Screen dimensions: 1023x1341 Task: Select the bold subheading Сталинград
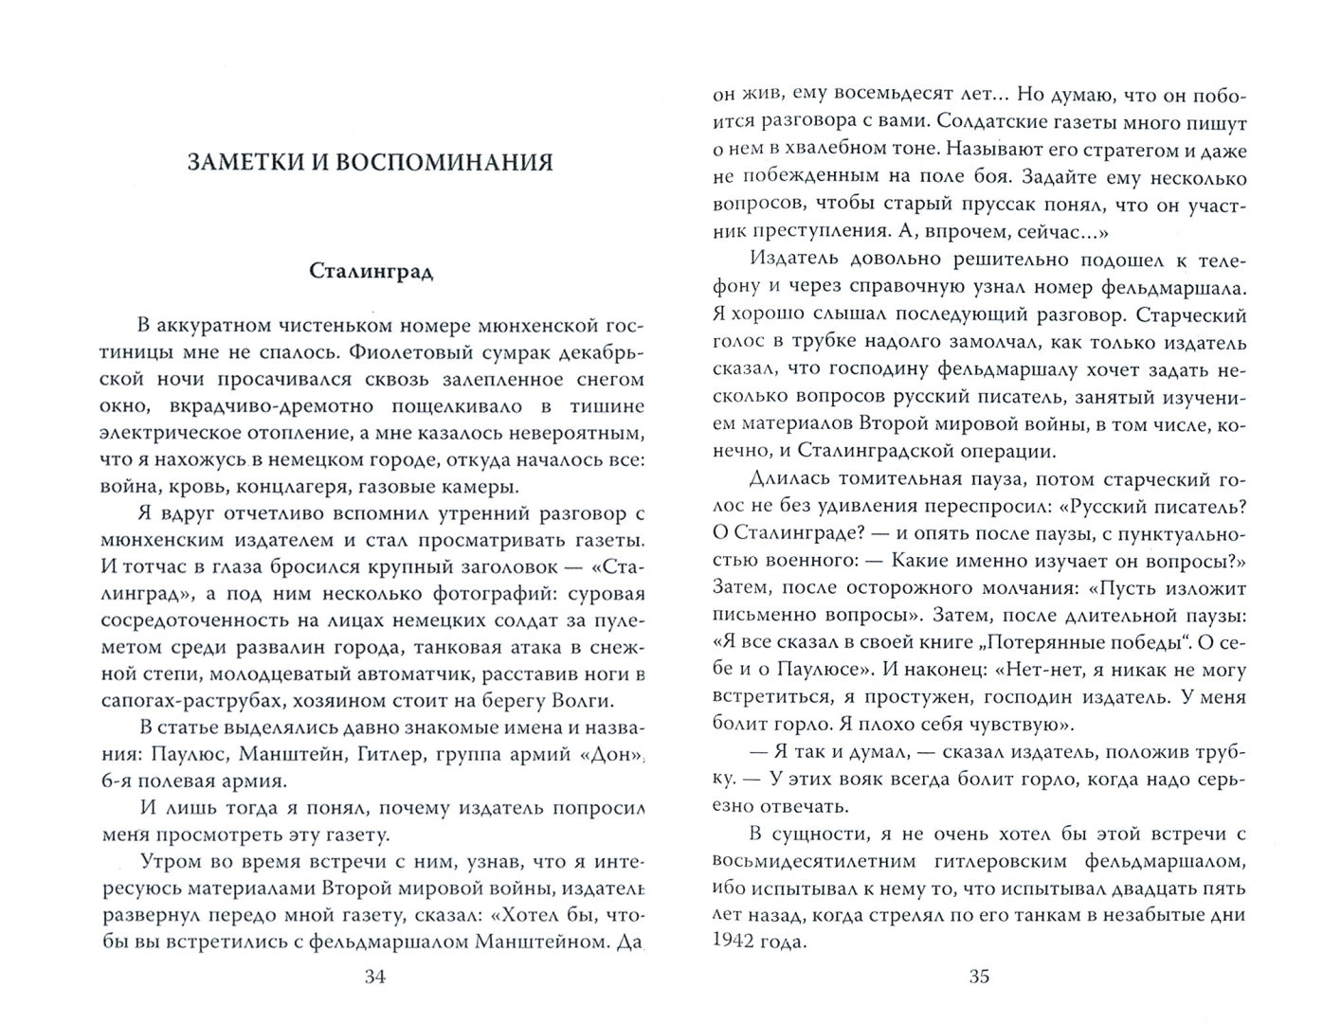click(371, 272)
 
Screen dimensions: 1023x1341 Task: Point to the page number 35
click(979, 977)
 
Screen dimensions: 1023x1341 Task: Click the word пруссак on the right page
click(970, 205)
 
